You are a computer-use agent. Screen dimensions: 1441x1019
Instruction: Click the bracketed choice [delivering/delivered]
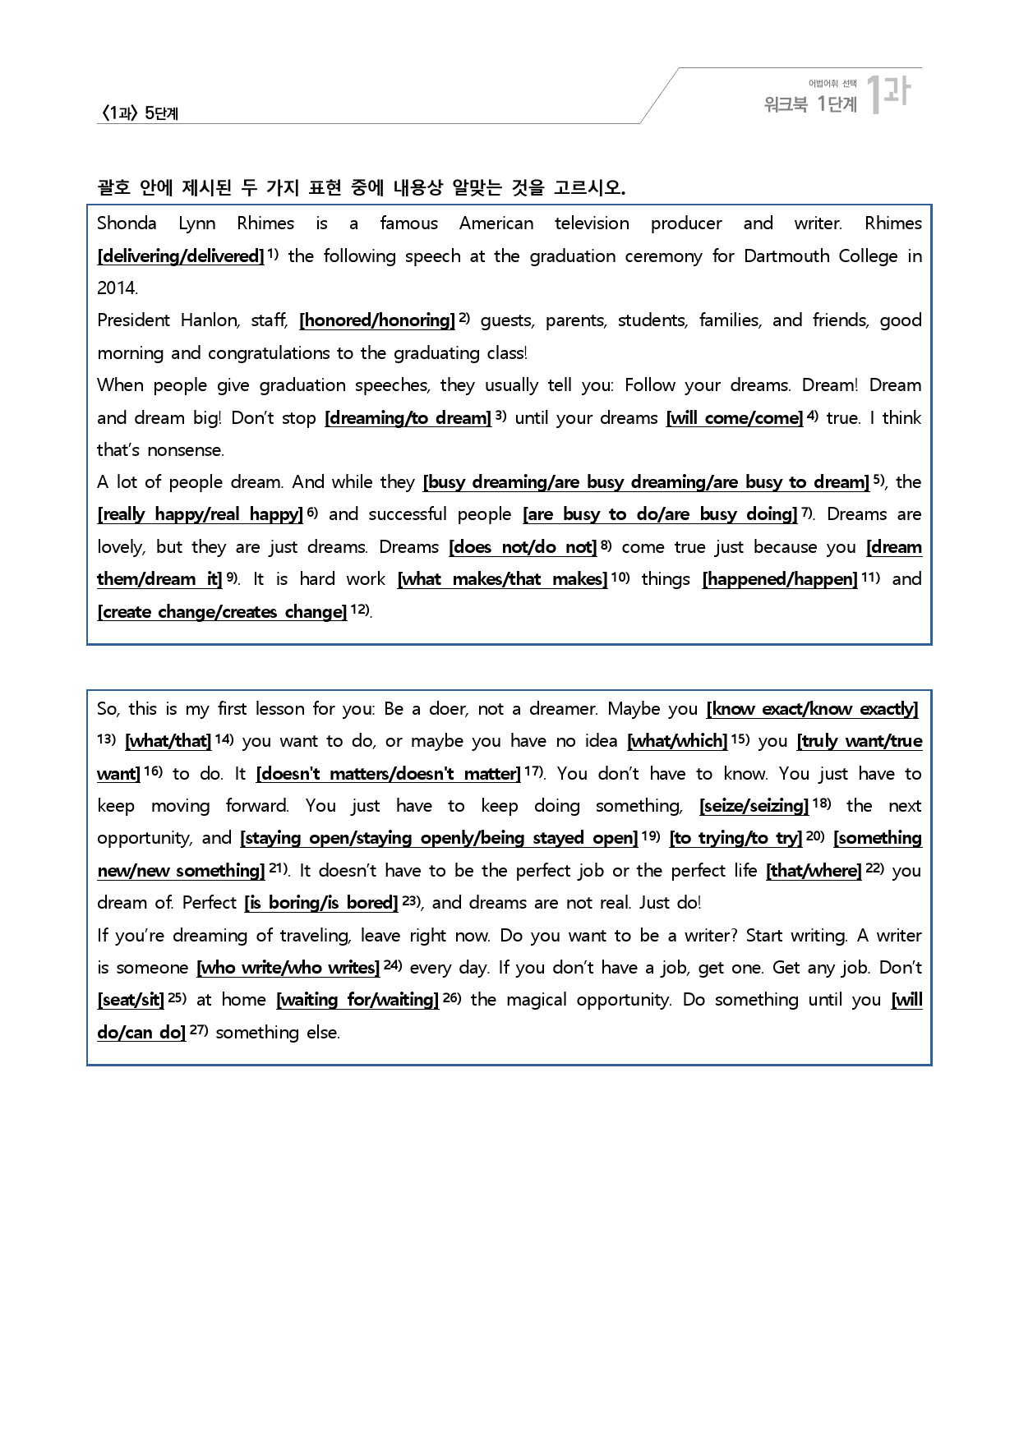point(181,256)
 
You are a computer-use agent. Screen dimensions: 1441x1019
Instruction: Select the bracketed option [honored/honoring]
point(377,320)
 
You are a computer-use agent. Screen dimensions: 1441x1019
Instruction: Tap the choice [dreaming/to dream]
point(408,418)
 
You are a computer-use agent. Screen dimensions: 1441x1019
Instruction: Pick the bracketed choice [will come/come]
point(735,418)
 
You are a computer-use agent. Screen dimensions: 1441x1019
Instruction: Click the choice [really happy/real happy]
point(201,515)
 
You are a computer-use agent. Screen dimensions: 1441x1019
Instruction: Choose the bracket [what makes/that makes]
point(502,579)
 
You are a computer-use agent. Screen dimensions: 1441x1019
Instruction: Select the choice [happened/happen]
point(780,579)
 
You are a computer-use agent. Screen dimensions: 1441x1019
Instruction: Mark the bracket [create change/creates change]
point(222,612)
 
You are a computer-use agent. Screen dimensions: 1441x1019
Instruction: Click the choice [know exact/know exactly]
point(812,709)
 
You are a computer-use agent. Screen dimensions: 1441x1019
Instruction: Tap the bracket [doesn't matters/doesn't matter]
point(389,774)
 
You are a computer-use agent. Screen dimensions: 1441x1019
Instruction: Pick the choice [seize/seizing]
point(754,806)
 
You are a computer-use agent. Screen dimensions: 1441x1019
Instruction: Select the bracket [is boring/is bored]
point(321,903)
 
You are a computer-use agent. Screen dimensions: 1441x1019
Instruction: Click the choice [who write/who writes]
point(288,968)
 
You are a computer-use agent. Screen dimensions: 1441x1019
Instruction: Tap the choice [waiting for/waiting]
point(357,1000)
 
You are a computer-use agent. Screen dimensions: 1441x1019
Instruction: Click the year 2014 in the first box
point(117,288)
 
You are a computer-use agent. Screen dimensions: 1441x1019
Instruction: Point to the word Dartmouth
point(780,256)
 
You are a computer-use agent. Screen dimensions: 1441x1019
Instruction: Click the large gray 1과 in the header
point(889,93)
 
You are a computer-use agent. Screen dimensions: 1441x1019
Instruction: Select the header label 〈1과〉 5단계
point(139,113)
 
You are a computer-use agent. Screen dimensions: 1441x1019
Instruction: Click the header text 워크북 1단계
point(810,104)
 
